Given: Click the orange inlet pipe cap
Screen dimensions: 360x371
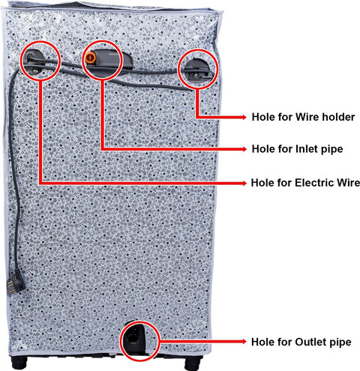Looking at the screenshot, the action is pos(90,58).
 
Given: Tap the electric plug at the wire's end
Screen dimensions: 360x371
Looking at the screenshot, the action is pos(16,282).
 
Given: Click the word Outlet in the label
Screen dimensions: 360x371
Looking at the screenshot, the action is pos(310,342).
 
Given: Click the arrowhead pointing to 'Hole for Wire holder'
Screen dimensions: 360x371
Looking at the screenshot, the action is pos(244,117).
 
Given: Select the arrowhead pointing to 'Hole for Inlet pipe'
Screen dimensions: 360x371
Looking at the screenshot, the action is pos(244,149).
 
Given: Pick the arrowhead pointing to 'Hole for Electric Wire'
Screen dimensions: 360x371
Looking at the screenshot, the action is pos(244,183).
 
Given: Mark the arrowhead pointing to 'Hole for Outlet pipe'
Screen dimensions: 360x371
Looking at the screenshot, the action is pos(244,341).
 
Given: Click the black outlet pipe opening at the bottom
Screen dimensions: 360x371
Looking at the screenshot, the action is pos(132,339).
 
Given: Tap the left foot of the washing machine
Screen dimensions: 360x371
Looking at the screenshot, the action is pos(19,363).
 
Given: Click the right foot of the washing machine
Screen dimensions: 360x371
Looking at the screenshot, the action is pos(193,364).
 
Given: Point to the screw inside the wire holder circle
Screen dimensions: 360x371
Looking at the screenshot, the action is pos(195,75).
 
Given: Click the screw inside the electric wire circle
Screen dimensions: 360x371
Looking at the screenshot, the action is pos(35,72).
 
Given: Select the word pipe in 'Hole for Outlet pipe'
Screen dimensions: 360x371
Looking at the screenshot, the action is pos(340,343).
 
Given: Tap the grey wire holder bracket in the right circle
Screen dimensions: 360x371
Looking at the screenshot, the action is pos(198,69).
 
